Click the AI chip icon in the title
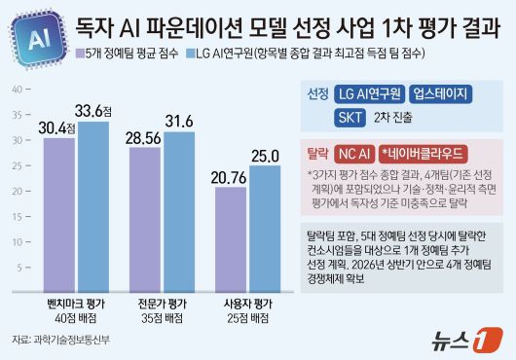tap(34, 38)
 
